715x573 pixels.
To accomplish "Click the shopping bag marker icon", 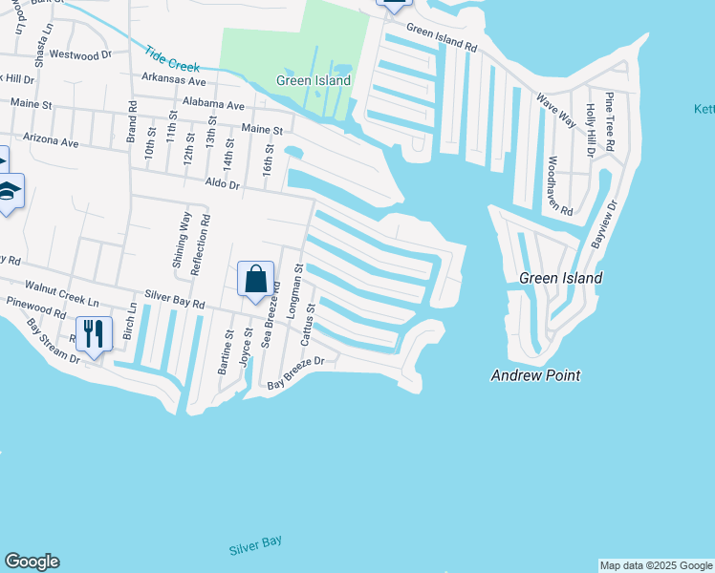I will [x=256, y=280].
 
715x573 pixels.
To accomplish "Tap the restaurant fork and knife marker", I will [x=93, y=334].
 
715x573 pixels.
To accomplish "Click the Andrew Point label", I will [x=535, y=375].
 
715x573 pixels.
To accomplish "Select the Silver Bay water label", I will [x=256, y=547].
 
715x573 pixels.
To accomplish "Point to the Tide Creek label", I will [x=173, y=60].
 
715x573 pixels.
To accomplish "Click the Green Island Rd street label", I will [x=441, y=37].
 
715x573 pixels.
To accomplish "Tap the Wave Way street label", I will [x=555, y=111].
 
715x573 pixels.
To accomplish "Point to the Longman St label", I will [x=299, y=284].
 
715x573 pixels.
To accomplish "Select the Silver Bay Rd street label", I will [x=175, y=301].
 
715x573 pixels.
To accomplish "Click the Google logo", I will [x=32, y=562].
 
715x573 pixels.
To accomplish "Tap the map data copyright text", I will [x=655, y=565].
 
